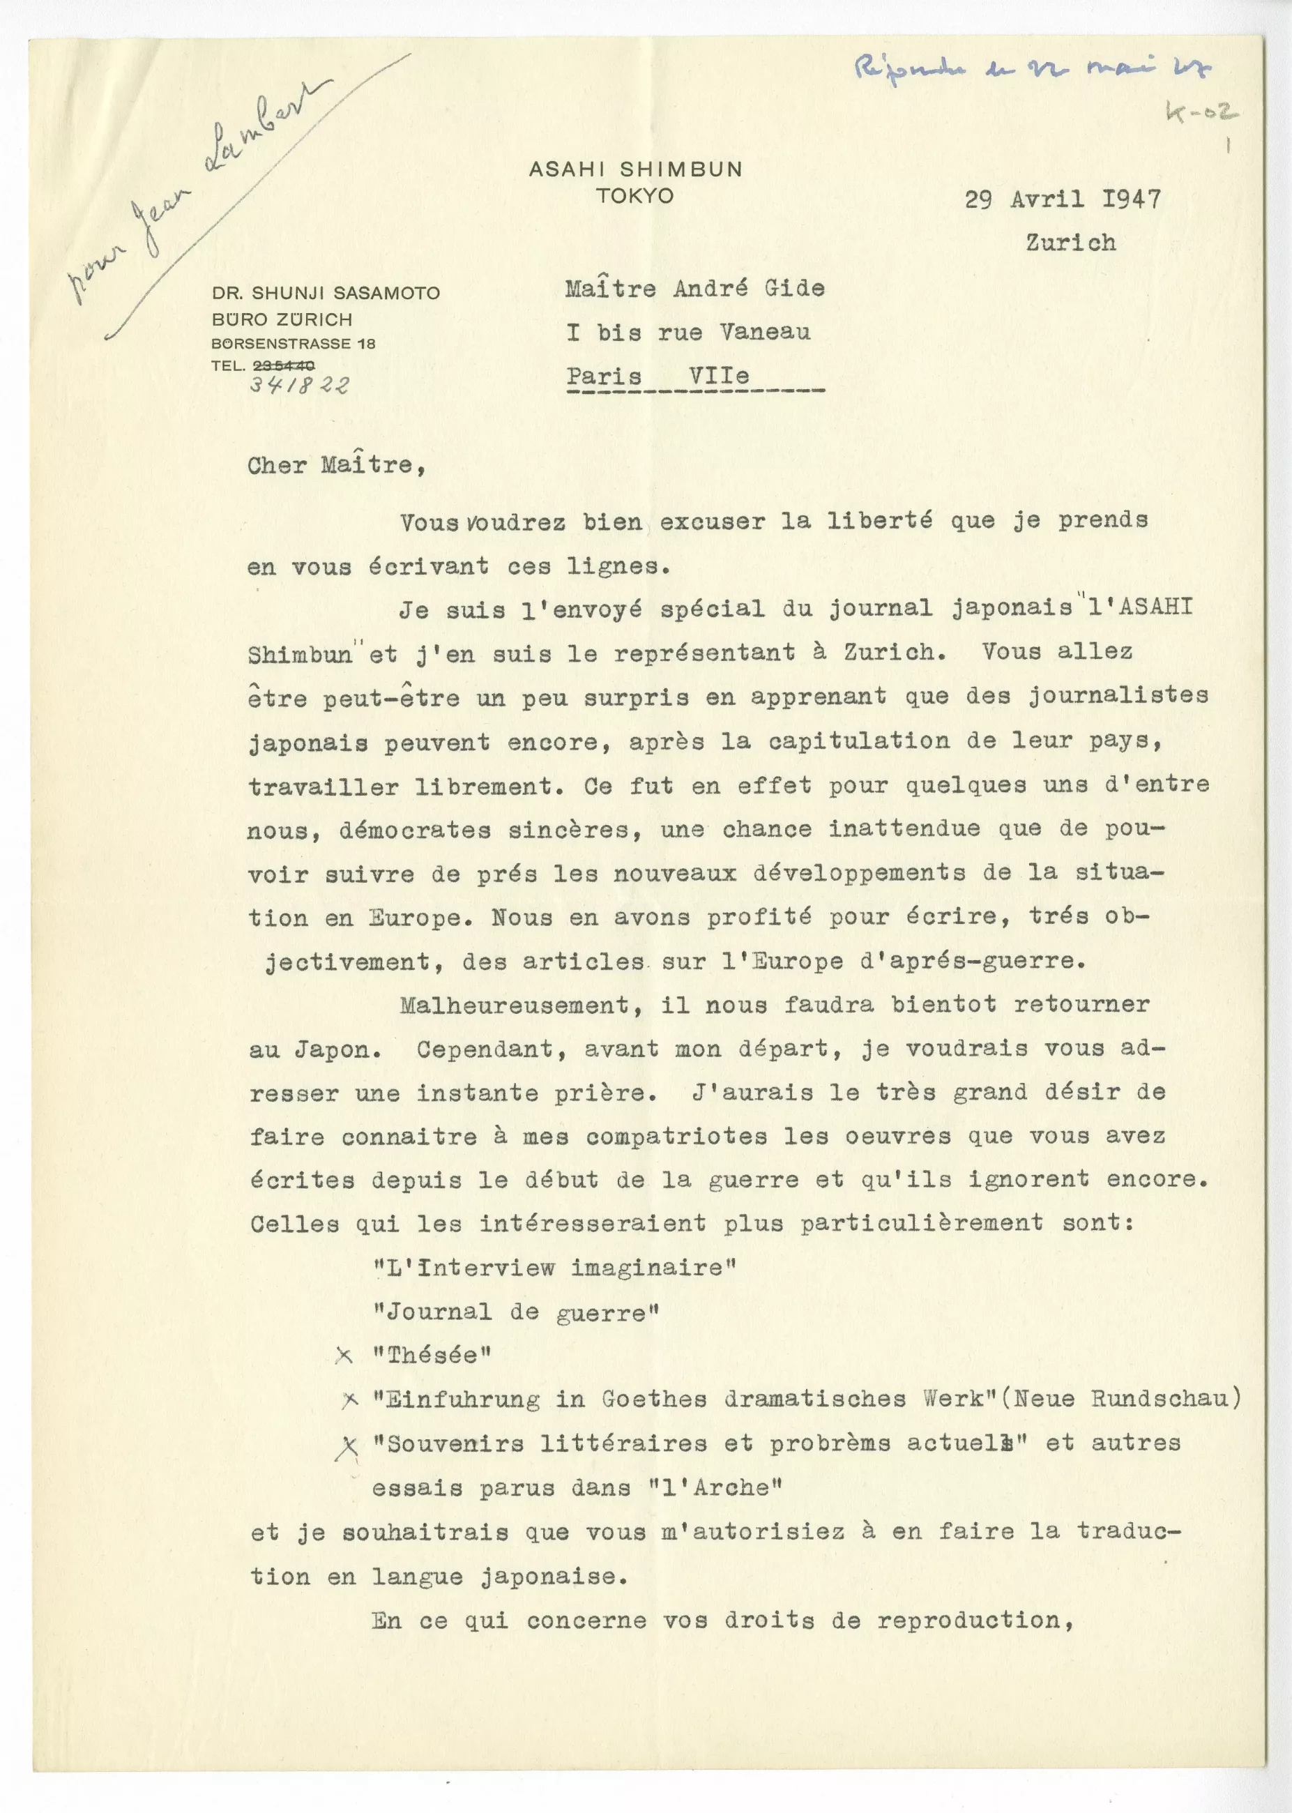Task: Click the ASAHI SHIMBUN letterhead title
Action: click(635, 169)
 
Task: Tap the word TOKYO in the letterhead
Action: click(635, 196)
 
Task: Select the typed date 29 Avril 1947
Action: click(1062, 199)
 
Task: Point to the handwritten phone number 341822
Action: click(299, 385)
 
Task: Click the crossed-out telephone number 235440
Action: click(283, 366)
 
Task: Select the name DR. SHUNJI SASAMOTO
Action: click(326, 293)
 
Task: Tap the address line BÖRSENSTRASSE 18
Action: click(293, 344)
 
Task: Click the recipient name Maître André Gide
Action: click(694, 288)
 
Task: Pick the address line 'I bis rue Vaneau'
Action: click(688, 332)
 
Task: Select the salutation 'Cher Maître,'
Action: click(336, 465)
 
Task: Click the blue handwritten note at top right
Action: click(1031, 70)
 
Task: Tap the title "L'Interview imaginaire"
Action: click(554, 1268)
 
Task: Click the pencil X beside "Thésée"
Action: click(344, 1356)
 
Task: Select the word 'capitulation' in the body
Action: click(858, 741)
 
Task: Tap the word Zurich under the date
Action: click(1070, 243)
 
